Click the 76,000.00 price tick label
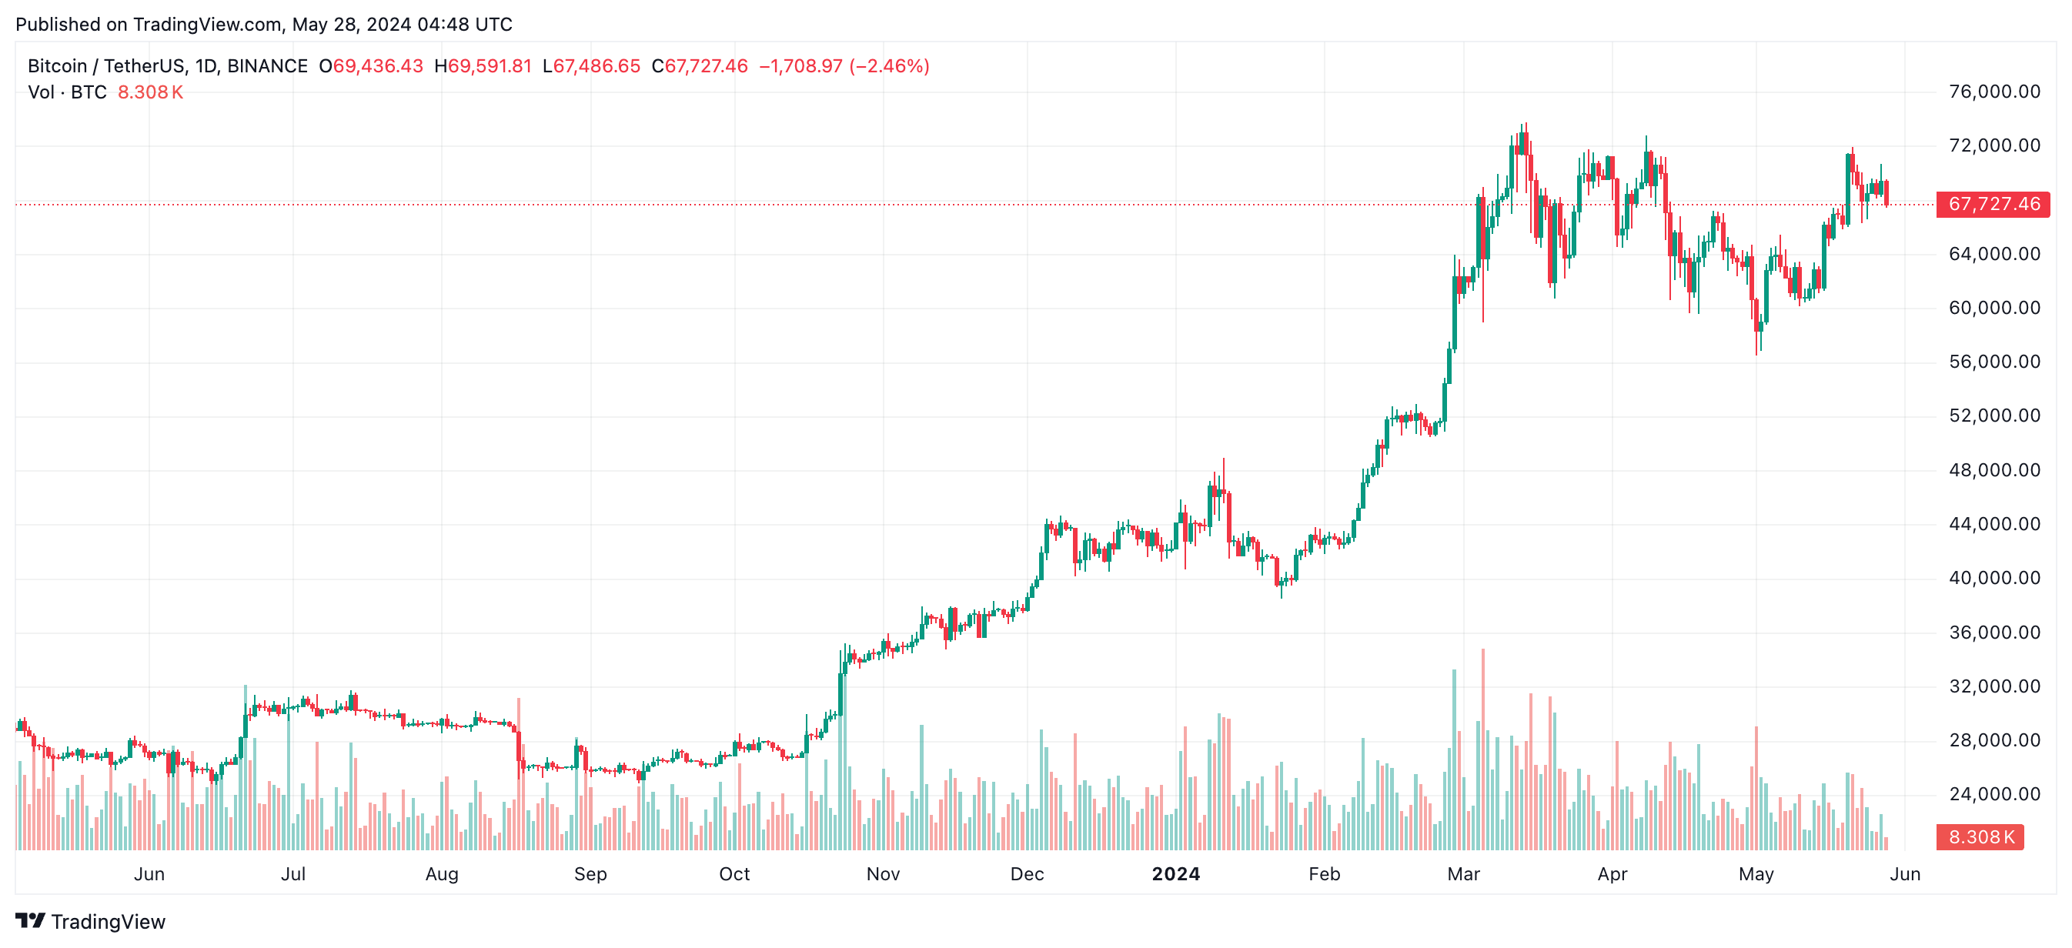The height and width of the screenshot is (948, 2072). [1994, 92]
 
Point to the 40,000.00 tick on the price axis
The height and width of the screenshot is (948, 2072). [1994, 578]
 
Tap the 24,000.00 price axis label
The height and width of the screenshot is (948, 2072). [1994, 794]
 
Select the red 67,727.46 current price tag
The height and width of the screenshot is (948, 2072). [1993, 204]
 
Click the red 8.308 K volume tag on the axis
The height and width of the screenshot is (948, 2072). [1980, 837]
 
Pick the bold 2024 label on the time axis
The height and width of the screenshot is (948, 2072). [1175, 874]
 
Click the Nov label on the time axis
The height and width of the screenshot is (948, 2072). [882, 874]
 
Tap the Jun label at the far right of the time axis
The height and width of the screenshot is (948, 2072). [1905, 874]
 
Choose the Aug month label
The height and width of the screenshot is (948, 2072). [442, 874]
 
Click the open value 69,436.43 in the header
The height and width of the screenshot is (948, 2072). [377, 66]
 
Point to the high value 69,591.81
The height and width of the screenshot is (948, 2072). [489, 66]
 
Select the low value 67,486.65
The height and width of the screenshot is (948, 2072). [596, 66]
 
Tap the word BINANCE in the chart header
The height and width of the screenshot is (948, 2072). [267, 66]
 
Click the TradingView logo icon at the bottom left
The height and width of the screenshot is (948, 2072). [30, 920]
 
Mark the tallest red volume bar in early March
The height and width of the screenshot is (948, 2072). [1482, 748]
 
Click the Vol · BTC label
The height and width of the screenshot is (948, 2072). [68, 92]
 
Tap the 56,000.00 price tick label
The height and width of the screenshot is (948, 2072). [1994, 362]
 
